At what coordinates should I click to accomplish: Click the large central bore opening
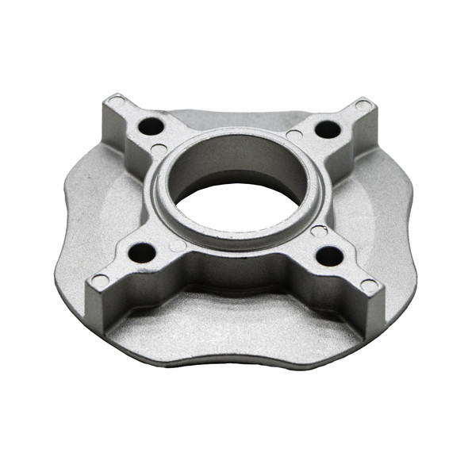coord(238,208)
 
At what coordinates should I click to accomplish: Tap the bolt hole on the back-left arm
coord(151,125)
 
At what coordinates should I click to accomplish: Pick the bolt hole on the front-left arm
coord(142,253)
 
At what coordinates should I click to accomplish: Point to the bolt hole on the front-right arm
coord(329,255)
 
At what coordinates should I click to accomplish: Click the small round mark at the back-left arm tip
coord(116,102)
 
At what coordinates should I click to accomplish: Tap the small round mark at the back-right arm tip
coord(363,105)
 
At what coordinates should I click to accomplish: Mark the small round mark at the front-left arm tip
coord(100,281)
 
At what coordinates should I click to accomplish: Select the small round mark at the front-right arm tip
coord(369,285)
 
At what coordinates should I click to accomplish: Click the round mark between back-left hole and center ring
coord(159,149)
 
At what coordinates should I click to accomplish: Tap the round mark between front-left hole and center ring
coord(178,245)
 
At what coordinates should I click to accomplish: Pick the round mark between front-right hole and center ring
coord(318,231)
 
